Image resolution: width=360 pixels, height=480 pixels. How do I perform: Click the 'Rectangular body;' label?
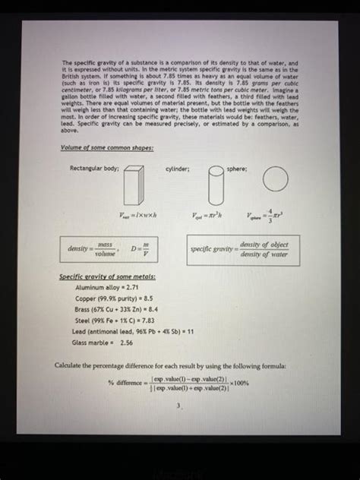tap(95, 168)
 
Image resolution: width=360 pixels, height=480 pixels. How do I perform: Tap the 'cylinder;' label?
tap(178, 168)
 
